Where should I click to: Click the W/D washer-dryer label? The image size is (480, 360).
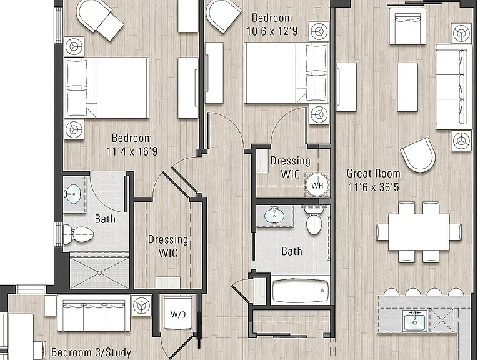point(179,314)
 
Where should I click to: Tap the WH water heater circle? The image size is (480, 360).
point(317,185)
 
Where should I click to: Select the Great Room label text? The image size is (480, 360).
point(374,173)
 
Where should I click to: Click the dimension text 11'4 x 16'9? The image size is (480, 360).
point(132,151)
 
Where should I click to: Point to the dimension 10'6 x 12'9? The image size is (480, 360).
point(272,31)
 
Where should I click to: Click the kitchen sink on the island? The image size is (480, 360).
point(414,321)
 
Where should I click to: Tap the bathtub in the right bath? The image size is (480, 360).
point(300,291)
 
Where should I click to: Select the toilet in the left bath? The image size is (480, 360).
point(78,234)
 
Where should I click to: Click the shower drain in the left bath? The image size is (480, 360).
point(99,272)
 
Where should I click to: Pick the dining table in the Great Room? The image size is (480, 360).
point(419,232)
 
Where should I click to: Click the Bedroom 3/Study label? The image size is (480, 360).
point(91,352)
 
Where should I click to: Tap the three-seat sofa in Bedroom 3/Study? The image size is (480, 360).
point(94,313)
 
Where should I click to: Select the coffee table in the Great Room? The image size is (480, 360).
point(407,87)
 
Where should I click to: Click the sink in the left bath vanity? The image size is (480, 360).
point(74,194)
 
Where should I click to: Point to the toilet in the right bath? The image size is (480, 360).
point(314,220)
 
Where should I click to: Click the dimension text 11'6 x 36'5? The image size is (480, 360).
point(374,187)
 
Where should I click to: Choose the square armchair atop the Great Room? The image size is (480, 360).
point(407,26)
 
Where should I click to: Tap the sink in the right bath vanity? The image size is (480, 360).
point(274,216)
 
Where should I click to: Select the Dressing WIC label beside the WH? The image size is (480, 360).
point(290,167)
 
